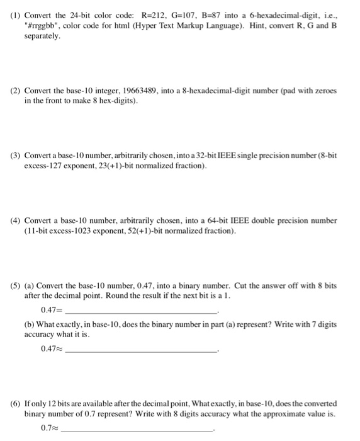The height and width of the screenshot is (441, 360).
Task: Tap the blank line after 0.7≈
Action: (x=138, y=429)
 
